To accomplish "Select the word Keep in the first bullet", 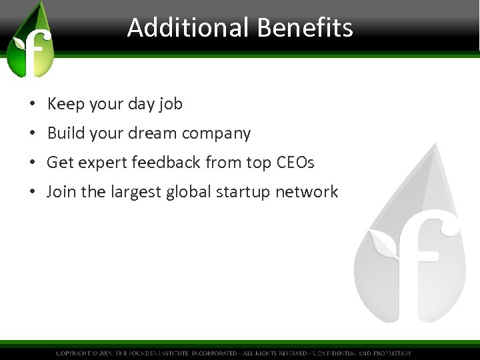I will point(63,104).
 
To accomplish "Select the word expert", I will point(101,163).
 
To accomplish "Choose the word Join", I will point(61,192).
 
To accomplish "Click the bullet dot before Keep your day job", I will point(33,105).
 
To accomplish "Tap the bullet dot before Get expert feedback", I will point(33,163).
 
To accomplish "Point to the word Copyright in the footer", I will point(75,353).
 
